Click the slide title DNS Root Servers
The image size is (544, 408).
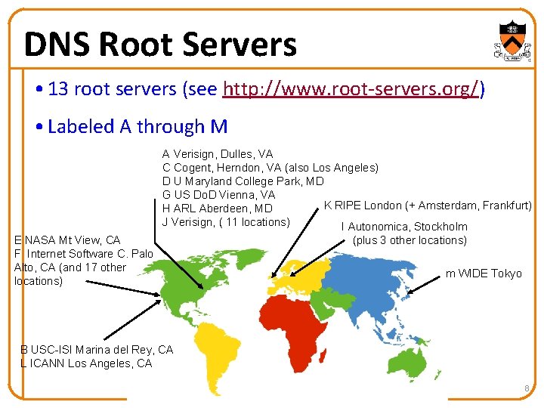[160, 45]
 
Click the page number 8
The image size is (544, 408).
[527, 388]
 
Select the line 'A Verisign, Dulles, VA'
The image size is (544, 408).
[218, 154]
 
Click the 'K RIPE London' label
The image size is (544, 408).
[428, 206]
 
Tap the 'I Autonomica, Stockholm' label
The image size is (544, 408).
[404, 227]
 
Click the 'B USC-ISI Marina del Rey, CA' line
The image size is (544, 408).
[97, 350]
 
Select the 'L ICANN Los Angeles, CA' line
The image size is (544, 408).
[86, 363]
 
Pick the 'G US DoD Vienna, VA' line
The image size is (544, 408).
[218, 195]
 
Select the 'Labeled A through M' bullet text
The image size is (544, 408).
[137, 126]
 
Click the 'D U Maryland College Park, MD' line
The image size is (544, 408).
[243, 181]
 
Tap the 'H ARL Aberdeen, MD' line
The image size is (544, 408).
[217, 209]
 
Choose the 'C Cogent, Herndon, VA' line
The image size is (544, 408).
[270, 168]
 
